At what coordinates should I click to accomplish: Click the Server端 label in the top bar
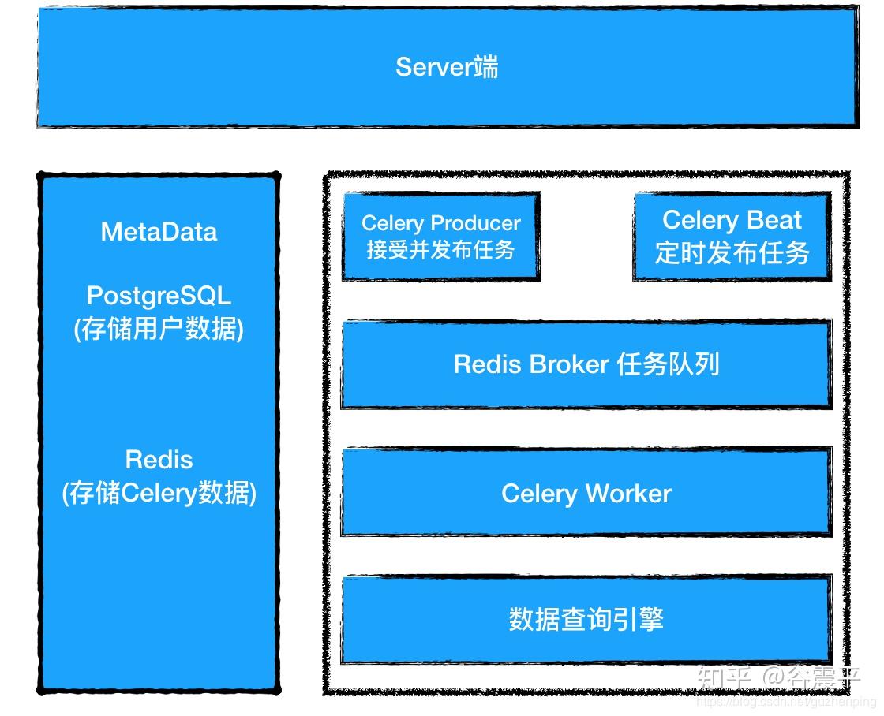tap(447, 67)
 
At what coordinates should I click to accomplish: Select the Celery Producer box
tap(440, 237)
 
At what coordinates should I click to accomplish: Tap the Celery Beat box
tap(732, 237)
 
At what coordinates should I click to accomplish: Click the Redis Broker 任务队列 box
tap(586, 364)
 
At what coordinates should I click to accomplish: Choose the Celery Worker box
tap(586, 494)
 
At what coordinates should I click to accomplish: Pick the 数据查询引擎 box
tap(586, 619)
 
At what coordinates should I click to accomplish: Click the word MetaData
tap(159, 232)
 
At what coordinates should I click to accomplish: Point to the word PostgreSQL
tap(159, 296)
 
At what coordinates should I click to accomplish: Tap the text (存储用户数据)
tap(159, 329)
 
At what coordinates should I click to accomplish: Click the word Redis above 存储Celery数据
tap(159, 460)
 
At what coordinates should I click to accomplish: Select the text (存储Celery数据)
tap(159, 494)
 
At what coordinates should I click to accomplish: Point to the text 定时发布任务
tap(732, 253)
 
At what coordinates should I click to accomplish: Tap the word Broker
tap(569, 364)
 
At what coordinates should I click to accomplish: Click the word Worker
tap(628, 494)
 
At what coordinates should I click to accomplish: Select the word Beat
tap(774, 220)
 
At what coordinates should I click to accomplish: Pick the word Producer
tap(477, 224)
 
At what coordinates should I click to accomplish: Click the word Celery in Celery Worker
tap(539, 494)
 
